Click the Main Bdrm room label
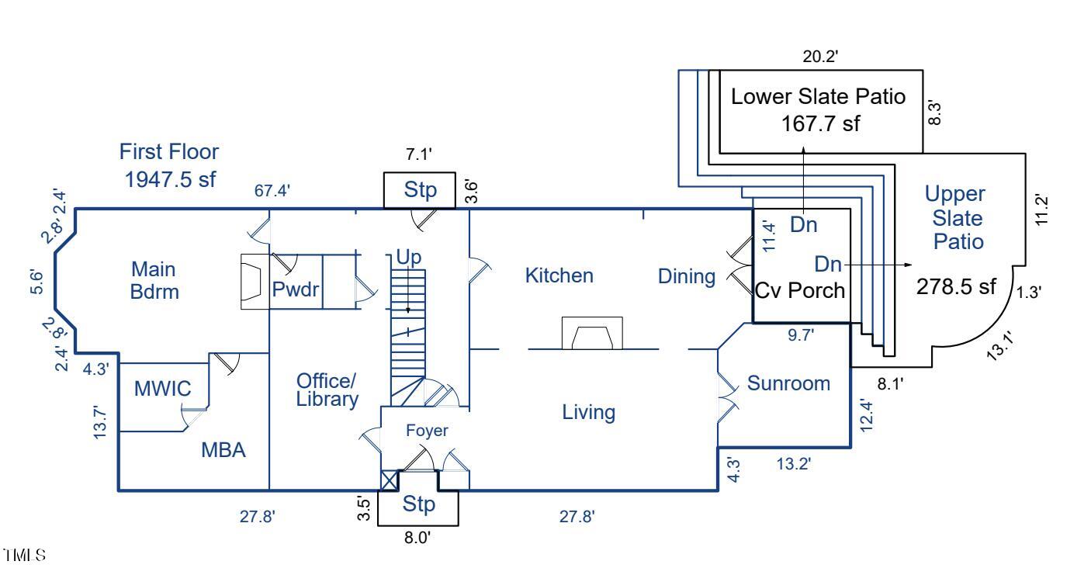(154, 280)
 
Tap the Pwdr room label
(294, 290)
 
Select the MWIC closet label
(162, 389)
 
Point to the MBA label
(223, 449)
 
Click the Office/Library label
(327, 390)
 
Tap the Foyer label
(427, 430)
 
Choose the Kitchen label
(559, 275)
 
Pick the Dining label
(686, 276)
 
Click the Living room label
(588, 412)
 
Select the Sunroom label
(788, 383)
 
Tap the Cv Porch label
(800, 291)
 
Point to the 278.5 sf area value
(955, 286)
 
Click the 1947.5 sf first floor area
(169, 179)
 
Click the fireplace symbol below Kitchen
(592, 333)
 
